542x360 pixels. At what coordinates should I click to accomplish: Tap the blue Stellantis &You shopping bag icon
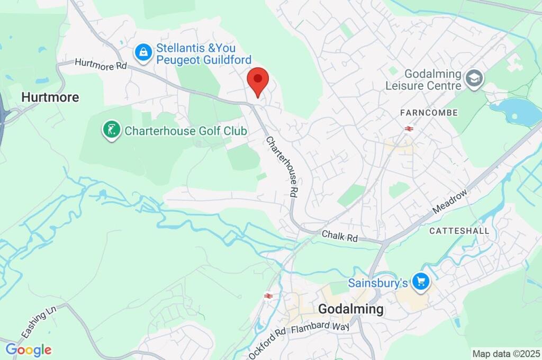click(x=143, y=52)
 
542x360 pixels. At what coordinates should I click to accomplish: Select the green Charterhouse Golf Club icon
click(x=111, y=130)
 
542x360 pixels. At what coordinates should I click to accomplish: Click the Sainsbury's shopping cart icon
click(x=421, y=282)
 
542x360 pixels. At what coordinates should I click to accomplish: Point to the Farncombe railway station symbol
click(x=408, y=129)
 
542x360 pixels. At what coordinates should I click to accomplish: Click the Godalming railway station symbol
click(x=268, y=296)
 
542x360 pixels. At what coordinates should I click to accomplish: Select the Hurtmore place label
click(x=50, y=97)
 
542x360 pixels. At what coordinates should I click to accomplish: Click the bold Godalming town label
click(x=351, y=309)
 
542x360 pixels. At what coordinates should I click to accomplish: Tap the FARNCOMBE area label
click(x=429, y=113)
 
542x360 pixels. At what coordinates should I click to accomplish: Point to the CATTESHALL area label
click(x=456, y=231)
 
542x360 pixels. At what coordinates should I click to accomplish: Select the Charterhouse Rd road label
click(x=281, y=167)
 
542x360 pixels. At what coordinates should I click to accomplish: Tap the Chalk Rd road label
click(x=340, y=236)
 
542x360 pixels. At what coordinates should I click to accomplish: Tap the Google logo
click(x=29, y=349)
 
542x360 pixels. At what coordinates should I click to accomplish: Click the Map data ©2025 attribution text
click(x=507, y=354)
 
